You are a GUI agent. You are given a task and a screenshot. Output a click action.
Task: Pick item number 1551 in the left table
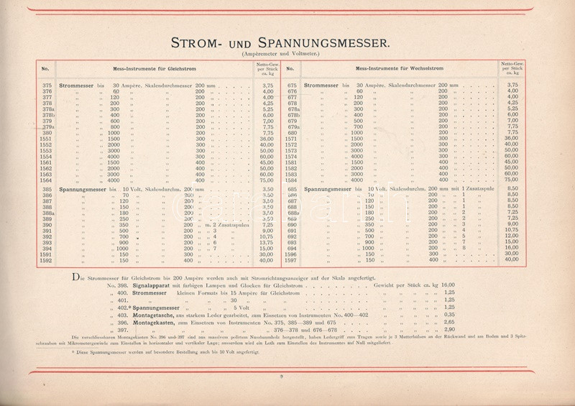(46, 138)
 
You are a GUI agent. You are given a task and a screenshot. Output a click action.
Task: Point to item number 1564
(46, 180)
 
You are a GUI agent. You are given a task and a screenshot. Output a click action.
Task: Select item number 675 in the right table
(293, 85)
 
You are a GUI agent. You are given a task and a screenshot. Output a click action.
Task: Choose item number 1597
(293, 260)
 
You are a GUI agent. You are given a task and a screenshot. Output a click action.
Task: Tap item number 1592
(46, 260)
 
